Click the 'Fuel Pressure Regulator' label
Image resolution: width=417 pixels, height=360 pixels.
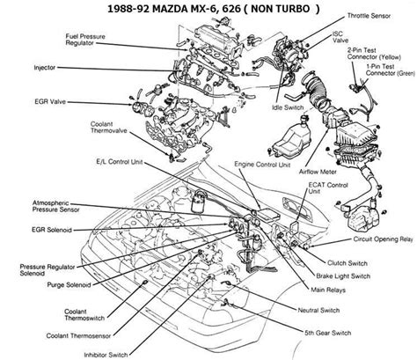coord(85,40)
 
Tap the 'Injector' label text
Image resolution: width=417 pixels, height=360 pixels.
coord(45,68)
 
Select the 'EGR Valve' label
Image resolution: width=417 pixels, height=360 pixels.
coord(50,102)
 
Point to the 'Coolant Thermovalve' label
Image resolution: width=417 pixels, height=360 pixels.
coord(108,128)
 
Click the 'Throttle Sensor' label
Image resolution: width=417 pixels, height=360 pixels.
coord(369,16)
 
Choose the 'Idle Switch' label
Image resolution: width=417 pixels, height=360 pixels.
coord(288,107)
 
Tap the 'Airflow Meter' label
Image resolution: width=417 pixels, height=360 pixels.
coord(318,172)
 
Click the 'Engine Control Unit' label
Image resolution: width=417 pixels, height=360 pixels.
coord(262,165)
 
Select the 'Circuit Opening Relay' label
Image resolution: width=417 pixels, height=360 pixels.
coord(383,239)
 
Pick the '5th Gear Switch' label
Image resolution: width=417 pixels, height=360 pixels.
coord(328,333)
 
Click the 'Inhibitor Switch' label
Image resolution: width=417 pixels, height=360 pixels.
coord(106,355)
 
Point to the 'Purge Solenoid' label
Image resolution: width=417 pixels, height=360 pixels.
coord(69,284)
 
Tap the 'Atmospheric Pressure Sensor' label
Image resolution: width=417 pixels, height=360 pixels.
coord(55,206)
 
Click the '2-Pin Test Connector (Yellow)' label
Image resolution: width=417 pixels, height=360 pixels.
coord(374,54)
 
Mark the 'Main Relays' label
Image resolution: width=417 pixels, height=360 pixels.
coord(328,290)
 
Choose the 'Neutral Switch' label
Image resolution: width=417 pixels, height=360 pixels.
coord(318,310)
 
